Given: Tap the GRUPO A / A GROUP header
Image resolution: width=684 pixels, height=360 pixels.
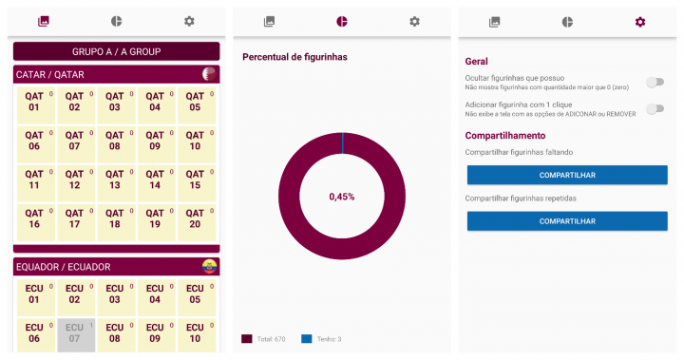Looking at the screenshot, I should click(x=116, y=51).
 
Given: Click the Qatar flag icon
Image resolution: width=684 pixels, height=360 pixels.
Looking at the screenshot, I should click(x=209, y=74).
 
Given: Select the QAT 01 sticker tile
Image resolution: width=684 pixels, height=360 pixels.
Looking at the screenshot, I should click(x=34, y=102).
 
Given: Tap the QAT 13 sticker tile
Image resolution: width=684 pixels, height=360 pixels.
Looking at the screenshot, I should click(x=115, y=180).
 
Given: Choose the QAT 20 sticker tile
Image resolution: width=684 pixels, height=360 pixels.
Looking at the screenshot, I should click(x=195, y=218).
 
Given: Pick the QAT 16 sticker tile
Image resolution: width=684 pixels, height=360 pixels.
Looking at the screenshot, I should click(x=34, y=218).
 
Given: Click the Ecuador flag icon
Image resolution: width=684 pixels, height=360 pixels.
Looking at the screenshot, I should click(x=209, y=267).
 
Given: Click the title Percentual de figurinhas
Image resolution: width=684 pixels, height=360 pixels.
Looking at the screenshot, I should click(x=294, y=57).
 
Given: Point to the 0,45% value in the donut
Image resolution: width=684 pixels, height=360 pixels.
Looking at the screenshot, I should click(x=342, y=197).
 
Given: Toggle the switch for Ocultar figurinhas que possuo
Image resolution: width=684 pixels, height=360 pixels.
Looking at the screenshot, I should click(x=654, y=83).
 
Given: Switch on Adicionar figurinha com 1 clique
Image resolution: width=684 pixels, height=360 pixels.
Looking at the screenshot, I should click(x=654, y=108).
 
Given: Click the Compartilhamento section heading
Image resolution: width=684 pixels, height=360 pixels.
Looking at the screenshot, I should click(x=505, y=136).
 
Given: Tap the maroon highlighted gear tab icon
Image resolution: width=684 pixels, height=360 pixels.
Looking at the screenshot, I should click(x=640, y=21).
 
